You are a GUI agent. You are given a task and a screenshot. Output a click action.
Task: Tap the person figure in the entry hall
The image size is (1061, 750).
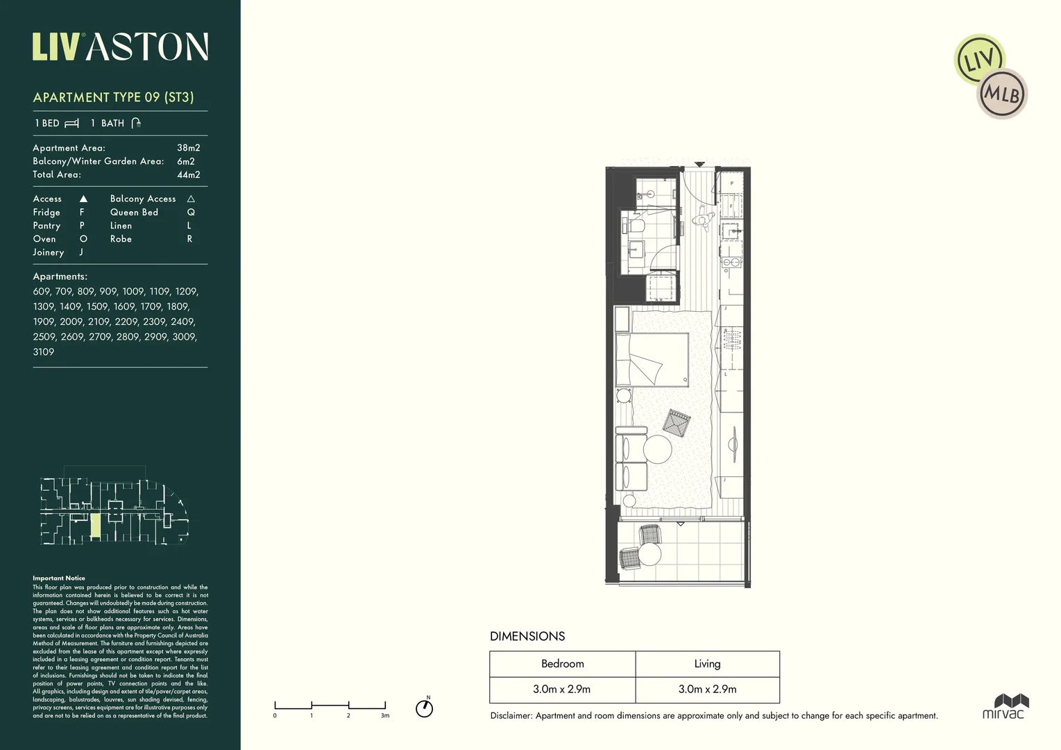pos(702,219)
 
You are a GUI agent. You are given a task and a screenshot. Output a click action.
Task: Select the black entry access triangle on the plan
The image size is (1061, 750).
pos(700,164)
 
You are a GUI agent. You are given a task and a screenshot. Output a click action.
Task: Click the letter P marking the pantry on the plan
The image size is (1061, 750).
pos(731,183)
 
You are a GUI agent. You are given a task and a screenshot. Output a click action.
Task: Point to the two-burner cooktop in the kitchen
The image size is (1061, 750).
pos(730,262)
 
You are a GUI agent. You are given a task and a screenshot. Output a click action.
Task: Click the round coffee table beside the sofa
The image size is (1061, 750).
pos(657,449)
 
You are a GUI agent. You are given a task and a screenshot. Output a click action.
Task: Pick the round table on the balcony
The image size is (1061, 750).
pos(650,553)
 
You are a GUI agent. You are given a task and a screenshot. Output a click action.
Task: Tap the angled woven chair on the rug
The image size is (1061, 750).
pos(677,422)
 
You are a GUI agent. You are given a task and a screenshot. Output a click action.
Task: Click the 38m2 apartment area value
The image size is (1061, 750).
pos(188,148)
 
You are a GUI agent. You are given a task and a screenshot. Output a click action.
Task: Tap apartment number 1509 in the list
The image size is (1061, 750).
pos(97,306)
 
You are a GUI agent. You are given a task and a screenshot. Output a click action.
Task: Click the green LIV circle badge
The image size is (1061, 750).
pos(978,60)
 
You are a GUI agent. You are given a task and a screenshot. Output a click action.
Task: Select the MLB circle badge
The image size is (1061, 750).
pos(1002,94)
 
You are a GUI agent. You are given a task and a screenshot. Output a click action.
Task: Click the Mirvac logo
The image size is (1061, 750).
pos(1003,706)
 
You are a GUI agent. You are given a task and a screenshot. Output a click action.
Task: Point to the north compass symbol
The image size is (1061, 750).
pos(424,708)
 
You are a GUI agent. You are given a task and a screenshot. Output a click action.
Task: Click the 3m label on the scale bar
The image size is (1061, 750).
pos(385,715)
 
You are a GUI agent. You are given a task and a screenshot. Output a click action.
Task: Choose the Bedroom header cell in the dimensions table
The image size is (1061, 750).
pos(562,664)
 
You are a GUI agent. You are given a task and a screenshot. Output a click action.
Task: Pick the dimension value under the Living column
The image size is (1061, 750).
pos(707,690)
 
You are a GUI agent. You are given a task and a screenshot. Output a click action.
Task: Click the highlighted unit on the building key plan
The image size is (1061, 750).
pos(96,527)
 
